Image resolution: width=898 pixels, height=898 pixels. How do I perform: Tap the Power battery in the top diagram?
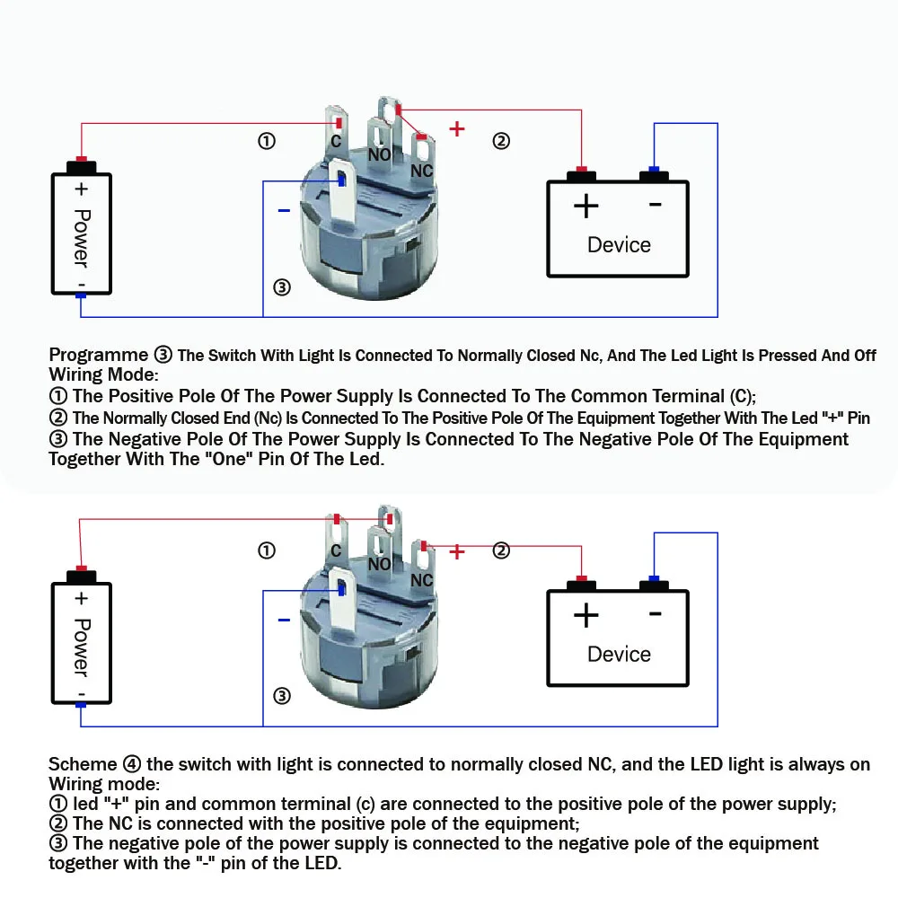tap(81, 233)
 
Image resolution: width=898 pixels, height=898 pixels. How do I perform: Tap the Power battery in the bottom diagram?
tap(81, 642)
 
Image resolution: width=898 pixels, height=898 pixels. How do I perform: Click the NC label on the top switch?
tap(422, 171)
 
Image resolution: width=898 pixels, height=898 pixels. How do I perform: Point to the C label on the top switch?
tap(335, 142)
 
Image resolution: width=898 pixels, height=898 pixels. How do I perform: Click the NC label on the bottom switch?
tap(422, 580)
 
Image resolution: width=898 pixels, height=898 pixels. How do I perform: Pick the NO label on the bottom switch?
tap(380, 564)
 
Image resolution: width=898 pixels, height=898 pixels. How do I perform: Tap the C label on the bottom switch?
tap(335, 550)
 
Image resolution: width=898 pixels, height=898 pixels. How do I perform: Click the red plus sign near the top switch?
tap(457, 128)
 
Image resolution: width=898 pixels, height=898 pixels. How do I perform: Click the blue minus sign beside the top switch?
tap(284, 211)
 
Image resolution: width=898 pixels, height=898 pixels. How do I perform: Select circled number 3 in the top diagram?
tap(282, 287)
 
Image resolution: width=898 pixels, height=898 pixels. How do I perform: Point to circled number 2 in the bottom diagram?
tap(501, 550)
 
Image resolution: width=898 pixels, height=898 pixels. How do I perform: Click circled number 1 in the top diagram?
tap(266, 141)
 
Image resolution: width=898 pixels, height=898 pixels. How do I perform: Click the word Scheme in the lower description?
tap(83, 764)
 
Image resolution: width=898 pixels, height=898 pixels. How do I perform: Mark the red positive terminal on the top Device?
tap(582, 170)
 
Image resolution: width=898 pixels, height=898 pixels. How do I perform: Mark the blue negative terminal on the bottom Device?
tap(654, 579)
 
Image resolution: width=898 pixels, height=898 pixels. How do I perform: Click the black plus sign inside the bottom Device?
tap(585, 616)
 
